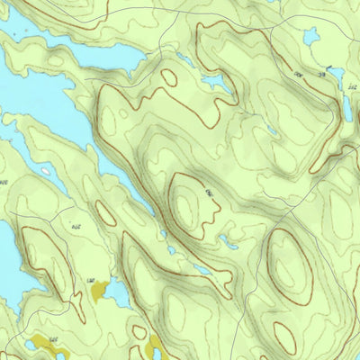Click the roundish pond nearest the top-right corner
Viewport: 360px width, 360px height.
pos(312,37)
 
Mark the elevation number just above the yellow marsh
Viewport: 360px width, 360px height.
pos(90,282)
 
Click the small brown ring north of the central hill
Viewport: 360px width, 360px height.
pos(168,77)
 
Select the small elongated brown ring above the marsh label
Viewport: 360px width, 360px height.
pos(106,214)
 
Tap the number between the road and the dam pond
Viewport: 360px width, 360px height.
pos(298,73)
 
